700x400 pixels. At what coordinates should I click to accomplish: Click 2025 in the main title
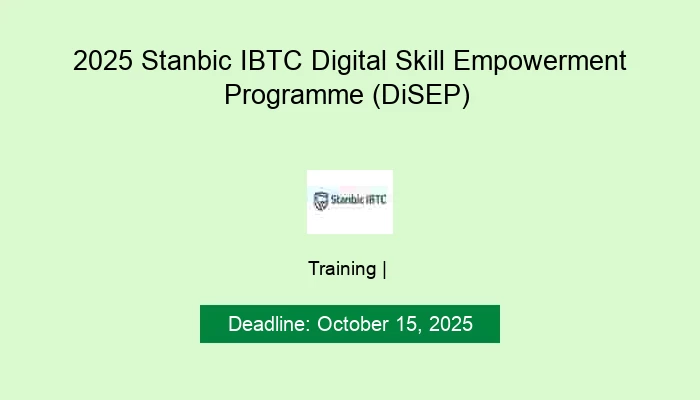click(x=103, y=62)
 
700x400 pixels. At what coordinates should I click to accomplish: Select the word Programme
click(x=290, y=97)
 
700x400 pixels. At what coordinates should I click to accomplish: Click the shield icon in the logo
click(x=321, y=201)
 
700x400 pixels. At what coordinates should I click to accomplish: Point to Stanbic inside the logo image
click(x=346, y=200)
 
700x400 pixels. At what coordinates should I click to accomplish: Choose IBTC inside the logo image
click(x=377, y=200)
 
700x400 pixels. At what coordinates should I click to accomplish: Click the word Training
click(x=342, y=268)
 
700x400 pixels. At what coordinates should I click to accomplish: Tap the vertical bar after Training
click(x=385, y=268)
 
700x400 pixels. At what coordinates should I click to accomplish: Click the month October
click(x=353, y=324)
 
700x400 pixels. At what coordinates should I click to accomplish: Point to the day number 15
click(x=409, y=324)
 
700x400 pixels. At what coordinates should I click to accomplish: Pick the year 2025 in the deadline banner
click(x=450, y=324)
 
